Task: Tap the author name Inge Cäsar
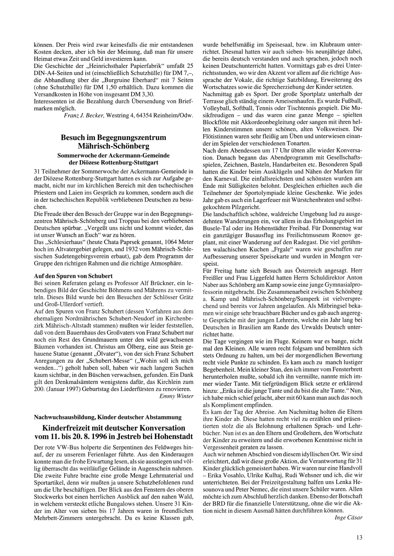pyautogui.click(x=348, y=517)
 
